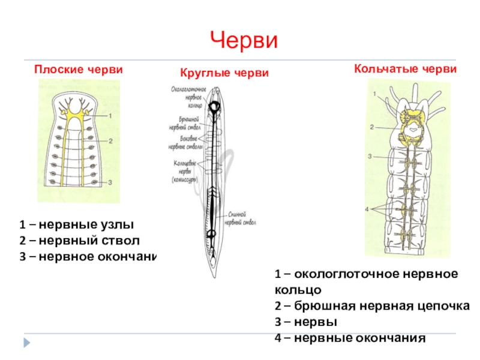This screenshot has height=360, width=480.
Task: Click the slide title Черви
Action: coord(244,41)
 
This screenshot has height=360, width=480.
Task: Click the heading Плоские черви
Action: coord(78,70)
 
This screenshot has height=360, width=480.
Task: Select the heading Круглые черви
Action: coord(224,73)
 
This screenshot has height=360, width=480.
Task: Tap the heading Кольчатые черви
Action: coord(406,70)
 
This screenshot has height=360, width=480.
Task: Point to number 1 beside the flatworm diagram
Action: coord(111,115)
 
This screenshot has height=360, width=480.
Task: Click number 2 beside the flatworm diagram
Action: coord(111,141)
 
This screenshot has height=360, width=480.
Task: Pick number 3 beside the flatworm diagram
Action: coord(111,182)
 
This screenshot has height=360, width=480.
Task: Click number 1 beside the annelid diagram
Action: coord(374,94)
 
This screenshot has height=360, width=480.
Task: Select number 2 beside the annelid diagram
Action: coord(371,127)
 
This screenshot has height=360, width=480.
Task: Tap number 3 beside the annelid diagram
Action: coord(370,156)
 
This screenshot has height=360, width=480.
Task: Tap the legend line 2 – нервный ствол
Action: coord(79,241)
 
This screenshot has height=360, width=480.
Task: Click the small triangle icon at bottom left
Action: coord(26,343)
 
